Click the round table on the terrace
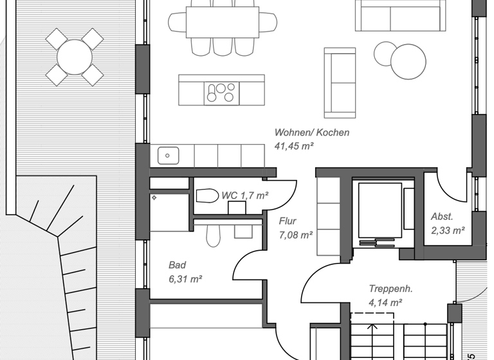(x=75, y=57)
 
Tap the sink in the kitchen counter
(x=169, y=155)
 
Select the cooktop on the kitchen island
(x=220, y=94)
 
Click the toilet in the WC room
(x=207, y=195)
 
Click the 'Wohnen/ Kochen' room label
(x=312, y=132)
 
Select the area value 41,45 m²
(x=294, y=147)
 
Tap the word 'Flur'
(x=288, y=221)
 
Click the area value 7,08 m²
(x=296, y=235)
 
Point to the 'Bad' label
(x=177, y=265)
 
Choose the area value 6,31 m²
(x=185, y=279)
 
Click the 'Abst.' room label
(x=442, y=217)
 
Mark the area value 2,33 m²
(x=448, y=230)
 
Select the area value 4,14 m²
(x=385, y=302)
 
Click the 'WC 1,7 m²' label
(x=244, y=195)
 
